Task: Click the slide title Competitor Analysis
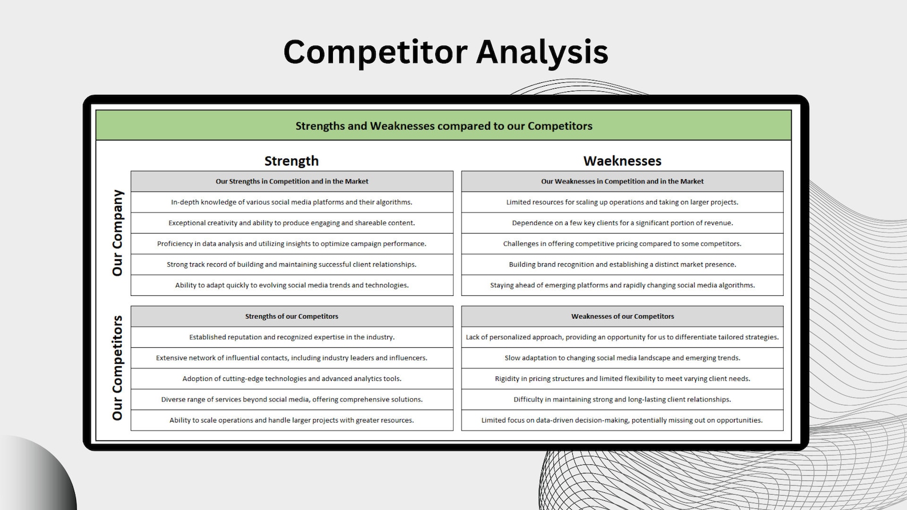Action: (x=446, y=51)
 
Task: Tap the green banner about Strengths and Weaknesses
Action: (x=444, y=126)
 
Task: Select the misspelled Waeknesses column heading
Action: (x=622, y=161)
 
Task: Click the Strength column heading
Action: (x=291, y=161)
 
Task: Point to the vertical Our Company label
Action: (x=118, y=233)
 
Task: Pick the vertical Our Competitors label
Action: (x=118, y=368)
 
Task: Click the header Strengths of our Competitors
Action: (x=292, y=316)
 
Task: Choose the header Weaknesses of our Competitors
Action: (x=623, y=316)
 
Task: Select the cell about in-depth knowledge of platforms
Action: (x=292, y=202)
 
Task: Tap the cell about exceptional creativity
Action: (x=292, y=223)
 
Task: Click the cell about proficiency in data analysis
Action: (x=292, y=244)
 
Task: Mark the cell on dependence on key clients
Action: (x=623, y=223)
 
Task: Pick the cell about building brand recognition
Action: (x=623, y=264)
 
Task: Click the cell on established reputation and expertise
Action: (x=292, y=337)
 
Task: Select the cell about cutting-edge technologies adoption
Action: (x=292, y=379)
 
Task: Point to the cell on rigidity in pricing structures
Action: (x=623, y=379)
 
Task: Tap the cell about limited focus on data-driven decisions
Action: (x=622, y=420)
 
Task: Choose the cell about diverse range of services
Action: (x=292, y=399)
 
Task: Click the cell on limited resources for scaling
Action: (x=623, y=202)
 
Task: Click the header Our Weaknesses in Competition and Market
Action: (x=623, y=182)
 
